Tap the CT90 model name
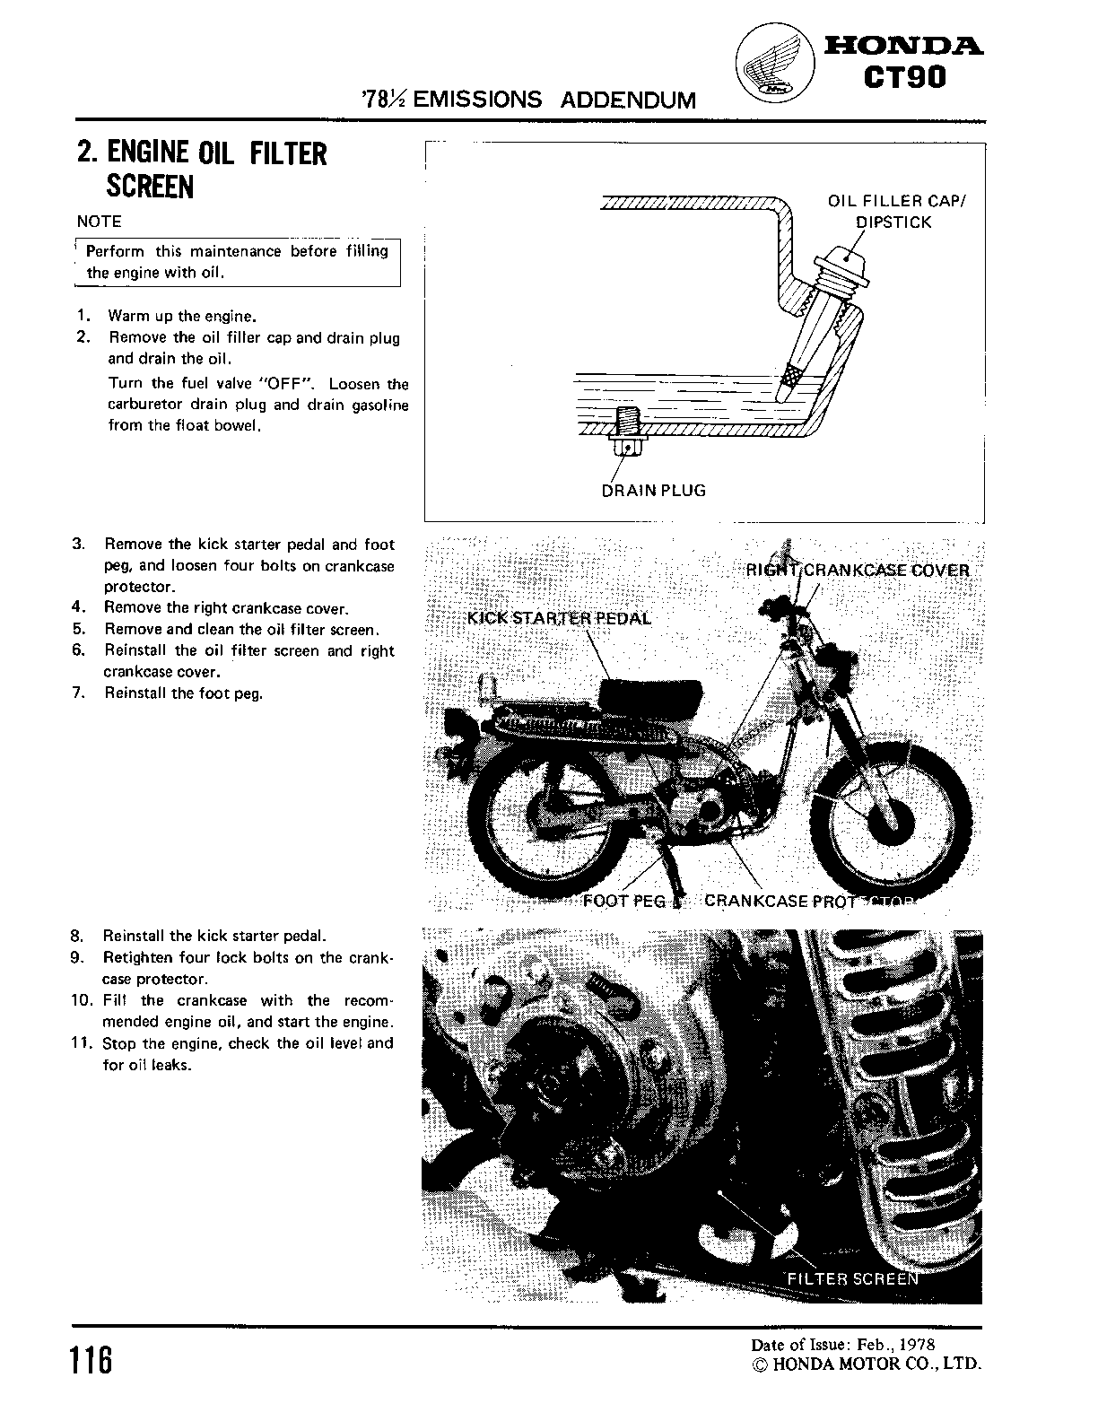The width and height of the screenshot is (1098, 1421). point(905,78)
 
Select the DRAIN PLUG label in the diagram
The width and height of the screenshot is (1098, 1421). point(653,491)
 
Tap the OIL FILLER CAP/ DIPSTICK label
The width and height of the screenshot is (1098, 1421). point(897,212)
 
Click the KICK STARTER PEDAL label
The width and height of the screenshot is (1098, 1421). point(560,618)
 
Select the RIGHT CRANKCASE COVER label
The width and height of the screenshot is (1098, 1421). point(858,571)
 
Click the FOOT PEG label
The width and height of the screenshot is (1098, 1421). point(624,901)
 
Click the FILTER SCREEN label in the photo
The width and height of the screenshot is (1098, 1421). point(851,1278)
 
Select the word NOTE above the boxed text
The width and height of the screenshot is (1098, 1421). point(99,222)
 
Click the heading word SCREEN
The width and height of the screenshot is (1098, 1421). point(150,187)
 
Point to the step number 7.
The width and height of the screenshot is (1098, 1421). point(78,693)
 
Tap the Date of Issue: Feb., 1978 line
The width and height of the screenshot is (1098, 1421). point(842,1344)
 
